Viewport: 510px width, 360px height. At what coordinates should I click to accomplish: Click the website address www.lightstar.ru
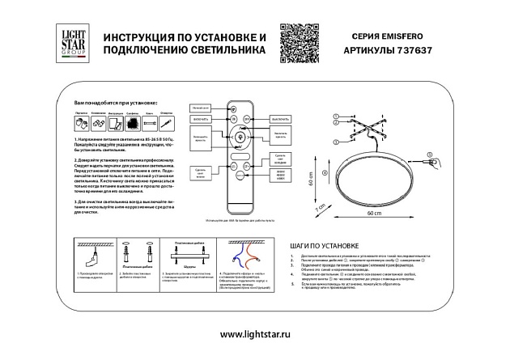click(254, 334)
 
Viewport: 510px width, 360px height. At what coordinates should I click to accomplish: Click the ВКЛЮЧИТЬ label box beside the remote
click(201, 118)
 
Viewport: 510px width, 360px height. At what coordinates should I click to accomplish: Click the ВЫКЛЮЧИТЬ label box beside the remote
click(280, 118)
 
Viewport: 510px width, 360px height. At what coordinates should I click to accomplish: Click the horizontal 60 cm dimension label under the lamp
click(372, 214)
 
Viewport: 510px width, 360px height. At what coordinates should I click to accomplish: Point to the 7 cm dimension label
click(320, 207)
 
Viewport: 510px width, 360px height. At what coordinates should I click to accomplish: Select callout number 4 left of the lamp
click(324, 173)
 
